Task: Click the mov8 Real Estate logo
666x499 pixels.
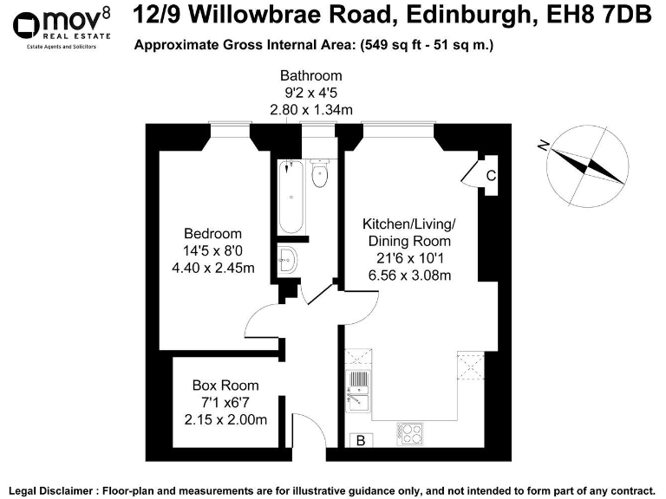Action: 61,26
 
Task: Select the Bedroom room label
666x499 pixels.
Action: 212,234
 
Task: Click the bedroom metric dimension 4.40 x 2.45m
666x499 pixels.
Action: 212,268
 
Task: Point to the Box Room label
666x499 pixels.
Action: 225,386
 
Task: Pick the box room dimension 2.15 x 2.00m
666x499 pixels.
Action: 225,419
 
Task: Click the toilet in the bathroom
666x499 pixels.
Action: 319,174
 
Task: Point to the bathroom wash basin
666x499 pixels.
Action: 289,257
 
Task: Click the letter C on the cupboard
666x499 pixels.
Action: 491,176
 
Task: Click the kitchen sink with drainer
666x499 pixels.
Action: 356,391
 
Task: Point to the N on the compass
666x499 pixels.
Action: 543,146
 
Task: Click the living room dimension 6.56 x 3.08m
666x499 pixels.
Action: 408,275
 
